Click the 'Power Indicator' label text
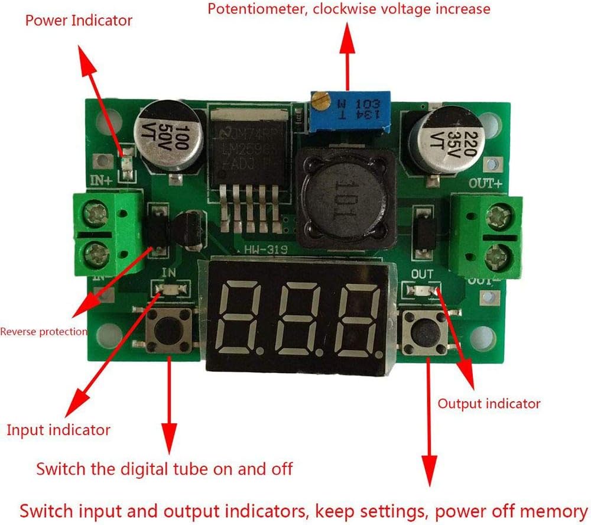[x=79, y=21]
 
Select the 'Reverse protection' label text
[x=43, y=331]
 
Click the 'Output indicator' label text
[x=489, y=404]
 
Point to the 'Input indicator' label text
[x=58, y=429]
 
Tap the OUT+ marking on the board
[x=485, y=184]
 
